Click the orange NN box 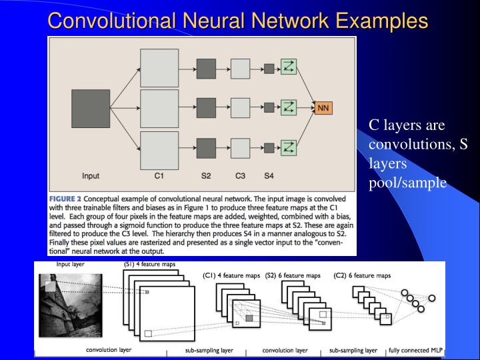coord(323,107)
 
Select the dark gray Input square coord(91,108)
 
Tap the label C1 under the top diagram coord(159,176)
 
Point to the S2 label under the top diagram coord(205,176)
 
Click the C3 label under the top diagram coord(240,176)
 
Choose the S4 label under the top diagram coord(269,176)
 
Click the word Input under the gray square coord(91,176)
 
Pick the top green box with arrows coord(288,67)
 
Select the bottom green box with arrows coord(288,147)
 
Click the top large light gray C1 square coord(159,68)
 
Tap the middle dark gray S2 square coord(205,107)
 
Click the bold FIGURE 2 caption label coord(65,199)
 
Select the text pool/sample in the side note coord(407,183)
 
